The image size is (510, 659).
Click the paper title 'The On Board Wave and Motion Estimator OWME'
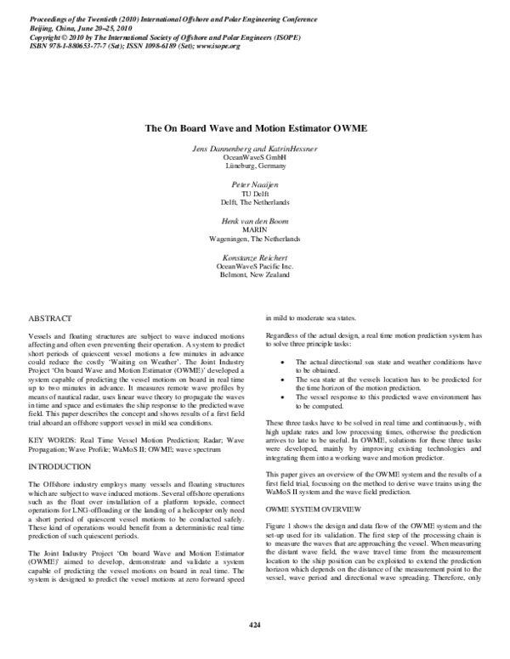tap(254, 129)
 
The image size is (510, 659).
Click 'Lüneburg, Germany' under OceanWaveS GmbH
tap(255, 166)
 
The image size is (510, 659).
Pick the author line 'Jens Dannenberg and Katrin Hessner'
tap(255, 148)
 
